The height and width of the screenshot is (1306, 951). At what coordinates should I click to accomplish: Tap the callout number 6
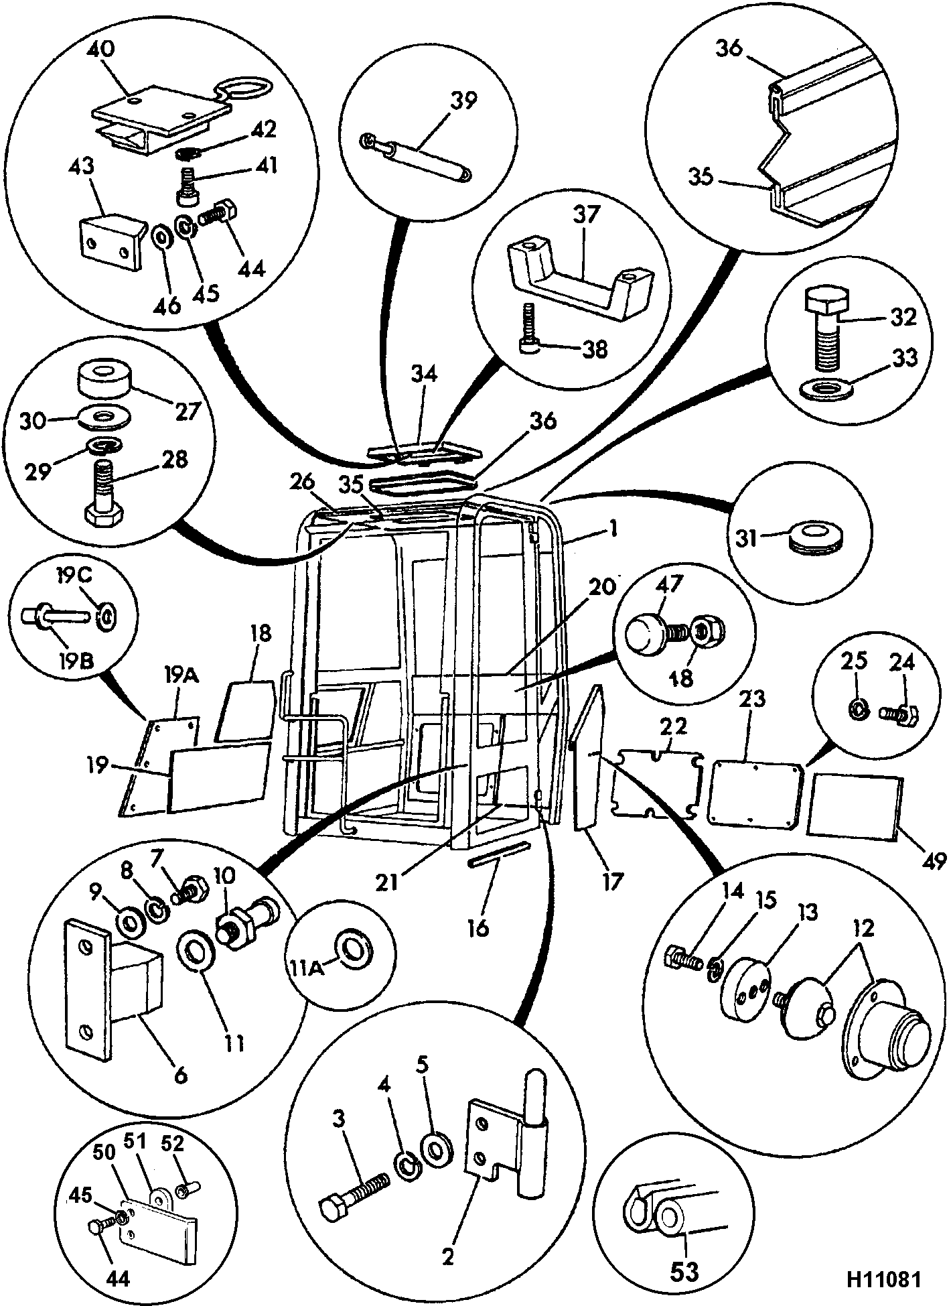[x=181, y=1077]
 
